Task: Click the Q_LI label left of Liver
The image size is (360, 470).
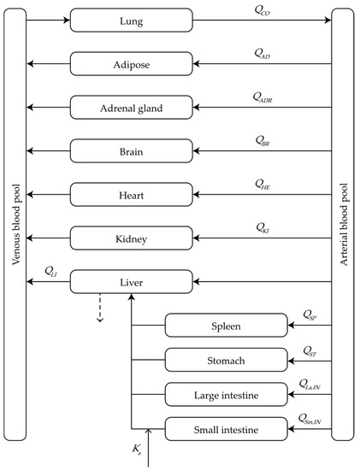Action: (x=50, y=270)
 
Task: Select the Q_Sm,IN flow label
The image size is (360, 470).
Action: (x=311, y=417)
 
